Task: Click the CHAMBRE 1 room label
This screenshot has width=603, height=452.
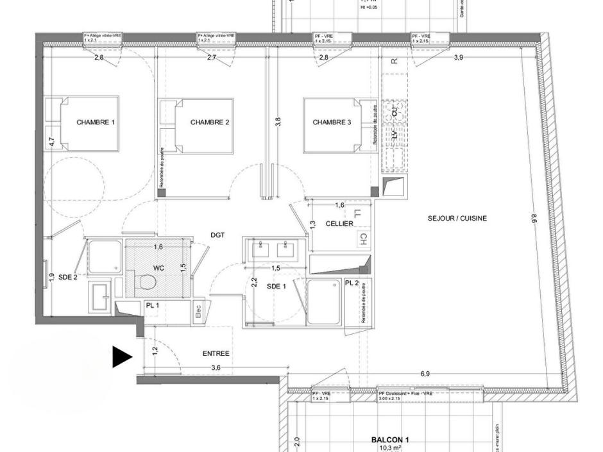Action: click(95, 122)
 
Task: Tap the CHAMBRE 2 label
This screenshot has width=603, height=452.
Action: click(210, 122)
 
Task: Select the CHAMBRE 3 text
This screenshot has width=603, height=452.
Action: click(332, 122)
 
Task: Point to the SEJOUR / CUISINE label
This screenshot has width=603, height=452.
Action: click(457, 219)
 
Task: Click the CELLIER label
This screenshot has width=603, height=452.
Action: click(339, 224)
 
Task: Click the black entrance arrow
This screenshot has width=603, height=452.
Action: click(121, 356)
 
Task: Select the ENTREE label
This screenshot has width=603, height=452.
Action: click(216, 353)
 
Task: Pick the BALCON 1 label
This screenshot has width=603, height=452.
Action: click(389, 440)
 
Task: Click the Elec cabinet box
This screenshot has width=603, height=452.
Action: click(198, 312)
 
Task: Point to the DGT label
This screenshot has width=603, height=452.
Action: click(217, 235)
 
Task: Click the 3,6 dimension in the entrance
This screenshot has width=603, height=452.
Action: click(216, 367)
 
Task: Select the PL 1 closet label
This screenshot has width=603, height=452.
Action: click(152, 305)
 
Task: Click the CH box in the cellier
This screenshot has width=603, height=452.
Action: click(362, 239)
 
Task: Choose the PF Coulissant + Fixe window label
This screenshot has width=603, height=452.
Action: click(405, 393)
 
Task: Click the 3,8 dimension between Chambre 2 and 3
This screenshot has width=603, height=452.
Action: click(278, 121)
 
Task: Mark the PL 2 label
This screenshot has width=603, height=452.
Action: click(352, 283)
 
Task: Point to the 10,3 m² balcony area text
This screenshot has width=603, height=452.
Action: click(389, 448)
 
